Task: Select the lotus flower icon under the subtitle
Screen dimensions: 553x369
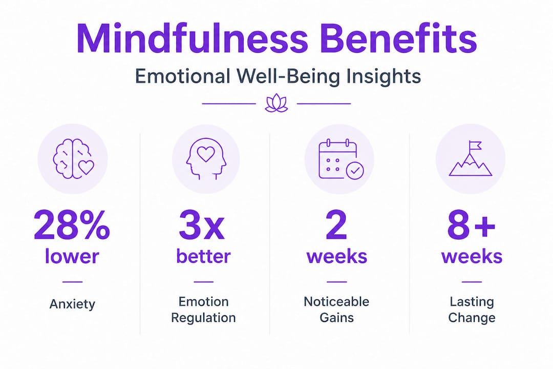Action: click(x=276, y=103)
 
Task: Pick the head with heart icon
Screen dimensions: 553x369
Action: click(x=206, y=158)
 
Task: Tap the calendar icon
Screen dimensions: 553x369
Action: click(x=341, y=159)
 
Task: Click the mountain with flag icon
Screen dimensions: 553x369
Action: click(x=471, y=158)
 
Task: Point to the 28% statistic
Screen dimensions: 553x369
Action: click(x=72, y=225)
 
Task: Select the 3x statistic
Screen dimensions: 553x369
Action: click(x=202, y=225)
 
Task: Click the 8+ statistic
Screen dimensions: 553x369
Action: click(x=472, y=225)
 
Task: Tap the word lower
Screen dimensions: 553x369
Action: click(x=72, y=256)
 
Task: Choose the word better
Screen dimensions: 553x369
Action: click(x=203, y=256)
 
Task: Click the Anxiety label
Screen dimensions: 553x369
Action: click(x=72, y=304)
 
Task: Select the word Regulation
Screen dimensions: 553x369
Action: click(x=203, y=318)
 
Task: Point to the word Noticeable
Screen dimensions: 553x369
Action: click(x=336, y=301)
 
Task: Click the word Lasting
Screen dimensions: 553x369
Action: click(x=472, y=302)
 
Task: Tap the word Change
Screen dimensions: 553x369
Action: click(x=472, y=318)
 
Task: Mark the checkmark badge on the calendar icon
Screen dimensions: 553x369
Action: click(x=355, y=171)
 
